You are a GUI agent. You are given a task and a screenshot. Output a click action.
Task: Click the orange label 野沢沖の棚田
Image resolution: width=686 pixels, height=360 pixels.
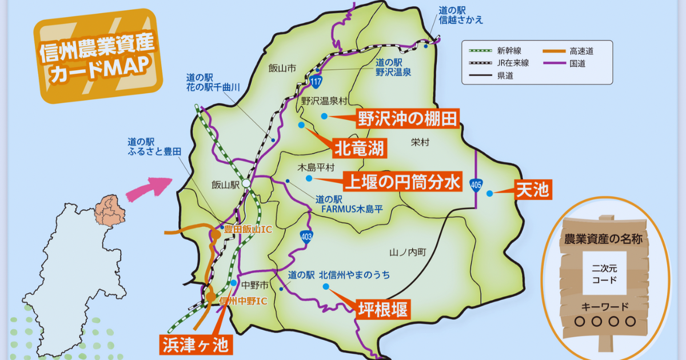407,119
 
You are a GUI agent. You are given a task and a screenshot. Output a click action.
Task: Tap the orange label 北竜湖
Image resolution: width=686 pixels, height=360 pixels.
360,149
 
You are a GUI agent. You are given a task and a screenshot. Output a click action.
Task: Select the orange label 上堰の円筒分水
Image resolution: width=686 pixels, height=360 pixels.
402,182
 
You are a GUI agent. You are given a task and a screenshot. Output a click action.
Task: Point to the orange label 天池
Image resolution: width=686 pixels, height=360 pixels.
532,190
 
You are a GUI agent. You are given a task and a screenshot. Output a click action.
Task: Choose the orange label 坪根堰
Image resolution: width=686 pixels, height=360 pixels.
383,310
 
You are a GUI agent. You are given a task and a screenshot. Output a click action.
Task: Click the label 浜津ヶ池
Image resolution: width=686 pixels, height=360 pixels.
194,344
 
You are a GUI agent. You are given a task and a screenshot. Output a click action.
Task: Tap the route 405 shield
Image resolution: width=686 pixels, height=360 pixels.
476,185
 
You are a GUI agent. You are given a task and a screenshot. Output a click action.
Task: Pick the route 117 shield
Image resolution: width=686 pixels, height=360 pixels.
316,82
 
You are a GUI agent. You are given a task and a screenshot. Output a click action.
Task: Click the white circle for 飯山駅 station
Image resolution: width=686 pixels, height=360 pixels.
246,183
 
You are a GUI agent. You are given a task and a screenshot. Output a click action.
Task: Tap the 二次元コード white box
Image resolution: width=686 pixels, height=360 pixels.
604,273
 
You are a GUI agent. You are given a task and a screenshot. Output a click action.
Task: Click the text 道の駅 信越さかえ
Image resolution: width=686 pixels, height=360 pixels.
461,15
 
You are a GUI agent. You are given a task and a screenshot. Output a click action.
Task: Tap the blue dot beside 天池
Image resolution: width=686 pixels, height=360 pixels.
490,193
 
